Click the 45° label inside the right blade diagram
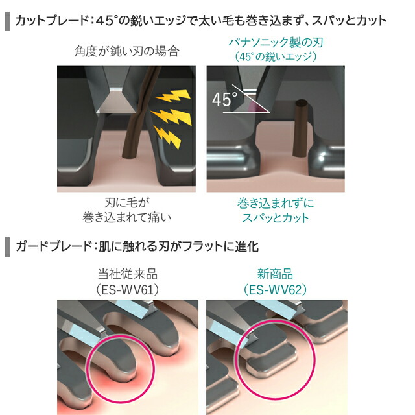(225, 99)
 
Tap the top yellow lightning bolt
(173, 96)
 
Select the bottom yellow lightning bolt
(168, 137)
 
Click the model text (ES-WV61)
(128, 290)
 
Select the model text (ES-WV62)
(275, 290)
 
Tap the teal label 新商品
(275, 274)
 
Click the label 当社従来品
(128, 274)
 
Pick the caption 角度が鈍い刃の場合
(127, 51)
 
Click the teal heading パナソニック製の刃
(276, 42)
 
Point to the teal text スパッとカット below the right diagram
(276, 218)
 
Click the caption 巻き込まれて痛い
(127, 218)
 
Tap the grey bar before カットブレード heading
(7, 21)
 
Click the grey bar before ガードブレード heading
(7, 246)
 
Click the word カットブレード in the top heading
(52, 21)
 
